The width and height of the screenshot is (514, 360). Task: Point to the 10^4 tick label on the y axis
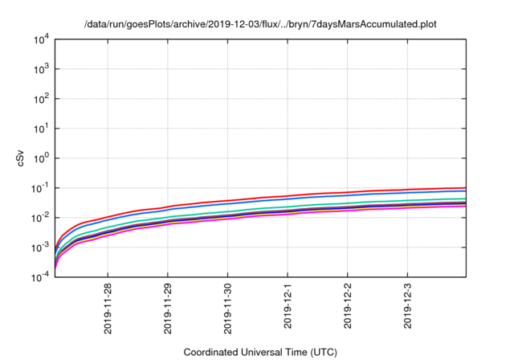tap(40, 39)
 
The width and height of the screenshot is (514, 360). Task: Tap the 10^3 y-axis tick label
tap(40, 69)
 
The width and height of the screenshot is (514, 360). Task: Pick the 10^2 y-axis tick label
tap(40, 99)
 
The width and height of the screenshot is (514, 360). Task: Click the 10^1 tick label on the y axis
tap(40, 129)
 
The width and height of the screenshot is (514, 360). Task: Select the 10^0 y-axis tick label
tap(40, 158)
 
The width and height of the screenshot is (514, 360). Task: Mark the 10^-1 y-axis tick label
tap(39, 188)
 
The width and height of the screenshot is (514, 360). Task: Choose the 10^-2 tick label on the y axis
tap(39, 218)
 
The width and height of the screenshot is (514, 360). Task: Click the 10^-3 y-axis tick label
tap(39, 247)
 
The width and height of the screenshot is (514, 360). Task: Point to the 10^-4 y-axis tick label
tap(39, 277)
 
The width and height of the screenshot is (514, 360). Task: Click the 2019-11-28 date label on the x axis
tap(108, 307)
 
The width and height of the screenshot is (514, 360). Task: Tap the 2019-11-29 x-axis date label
tap(169, 307)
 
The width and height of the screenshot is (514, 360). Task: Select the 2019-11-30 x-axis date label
tap(228, 307)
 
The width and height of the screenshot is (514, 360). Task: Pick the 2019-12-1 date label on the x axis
tap(288, 305)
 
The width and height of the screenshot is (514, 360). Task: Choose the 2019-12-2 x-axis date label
tap(348, 305)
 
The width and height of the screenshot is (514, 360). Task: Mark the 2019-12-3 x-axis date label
tap(408, 305)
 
